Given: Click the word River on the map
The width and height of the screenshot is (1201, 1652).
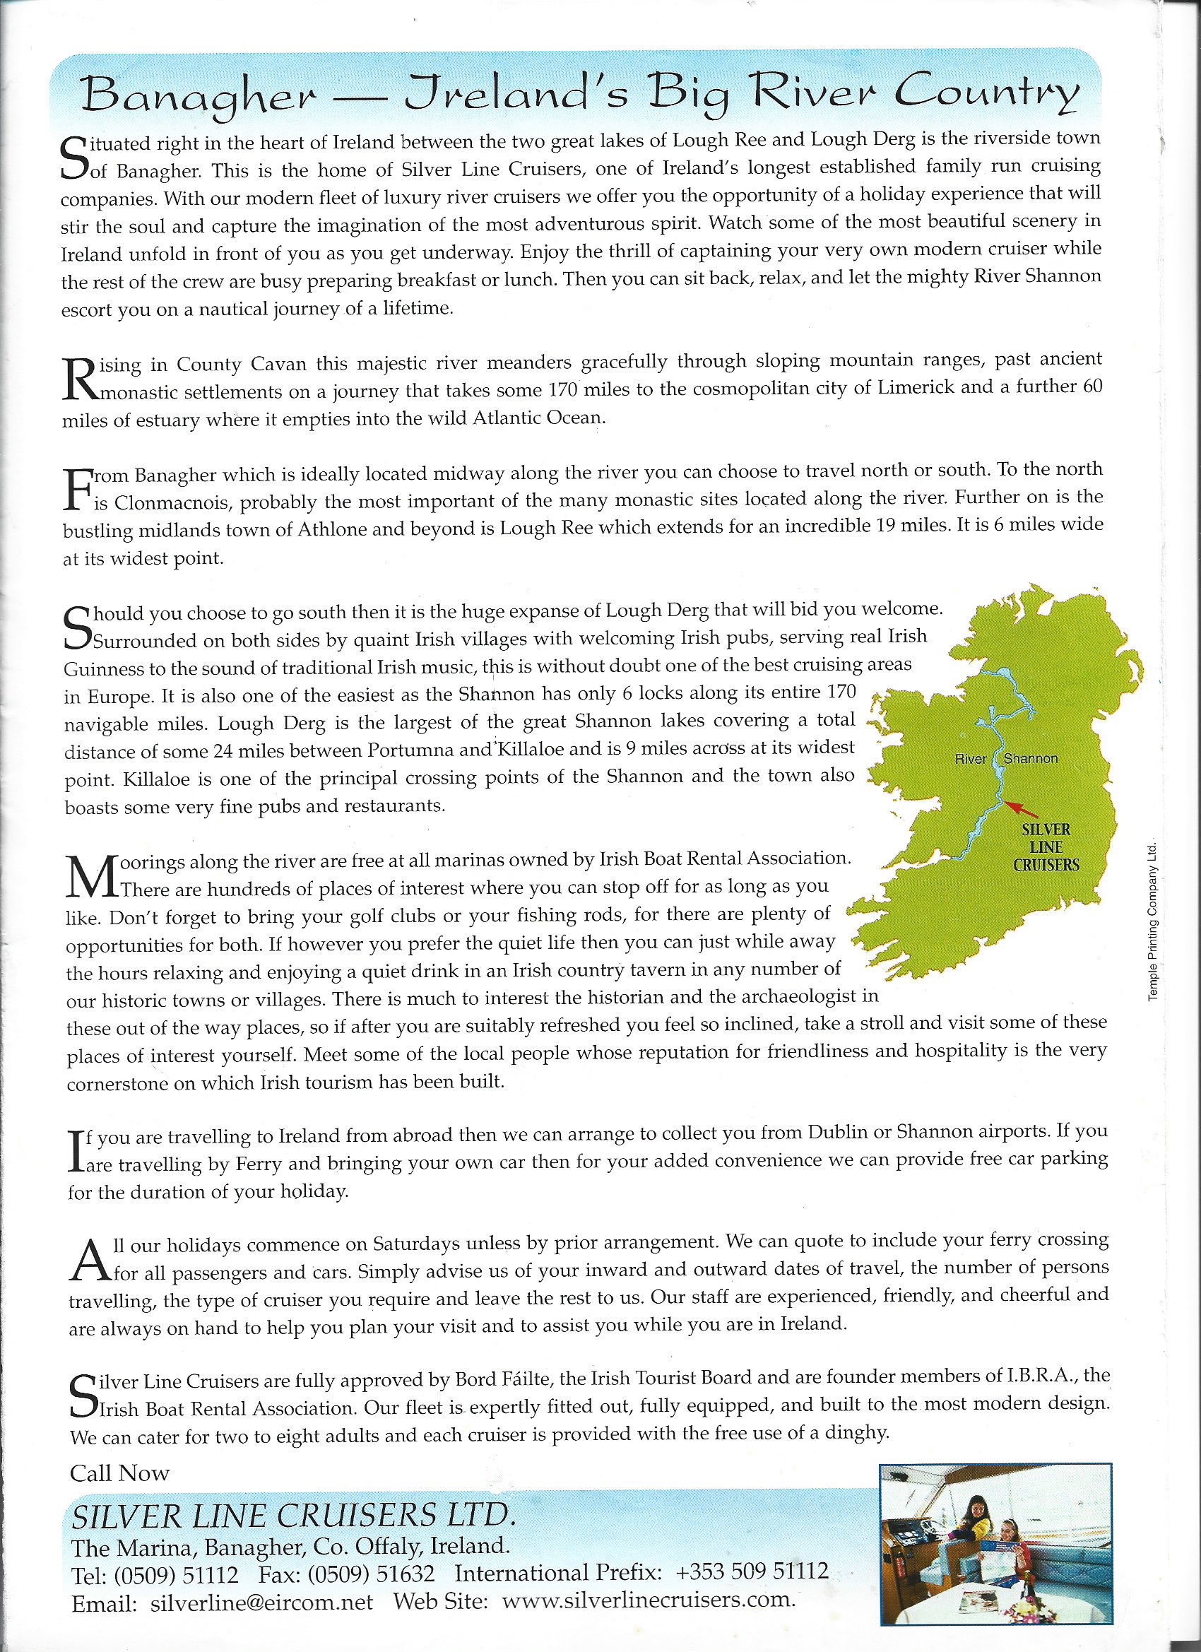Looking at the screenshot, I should click(970, 759).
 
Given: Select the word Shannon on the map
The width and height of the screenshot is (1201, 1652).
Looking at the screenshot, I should click(1031, 759).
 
